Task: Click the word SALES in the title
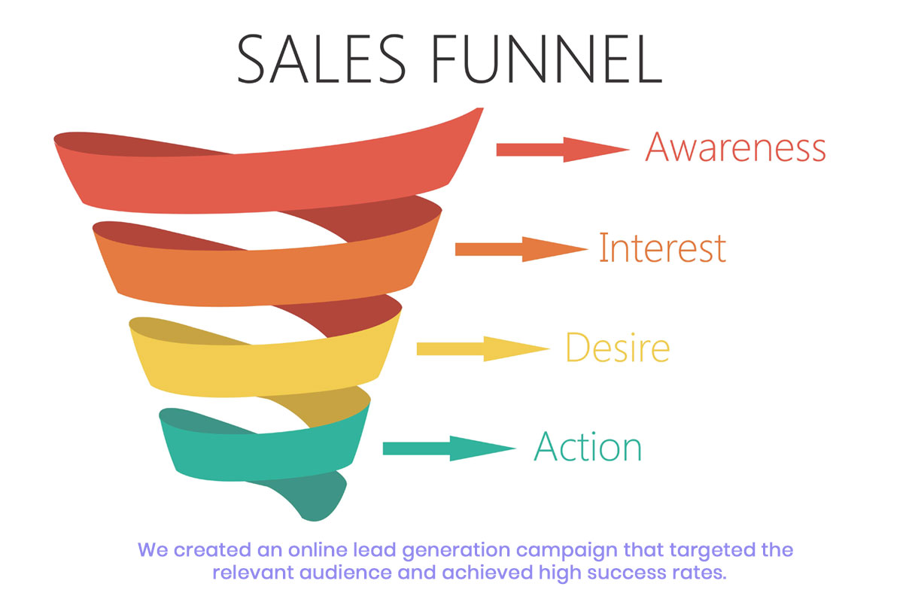[321, 59]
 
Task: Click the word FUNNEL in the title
[547, 59]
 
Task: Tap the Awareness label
[735, 147]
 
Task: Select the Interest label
[662, 248]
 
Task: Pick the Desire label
[618, 347]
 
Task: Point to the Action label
[588, 446]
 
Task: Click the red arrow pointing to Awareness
[563, 150]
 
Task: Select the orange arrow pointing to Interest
[521, 249]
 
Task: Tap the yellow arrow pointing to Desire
[483, 348]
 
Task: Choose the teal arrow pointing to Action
[449, 448]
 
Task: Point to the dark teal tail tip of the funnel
[315, 519]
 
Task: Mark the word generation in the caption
[456, 551]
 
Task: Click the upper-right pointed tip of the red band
[482, 108]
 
